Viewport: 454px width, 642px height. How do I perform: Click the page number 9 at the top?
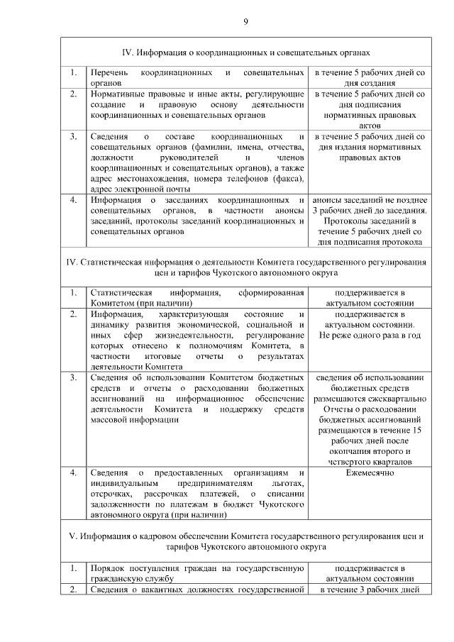[245, 22]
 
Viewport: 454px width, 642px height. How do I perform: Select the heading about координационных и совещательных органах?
[245, 52]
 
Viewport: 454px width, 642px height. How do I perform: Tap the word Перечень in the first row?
[110, 74]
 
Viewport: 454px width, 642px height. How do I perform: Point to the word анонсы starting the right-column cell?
[328, 200]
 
